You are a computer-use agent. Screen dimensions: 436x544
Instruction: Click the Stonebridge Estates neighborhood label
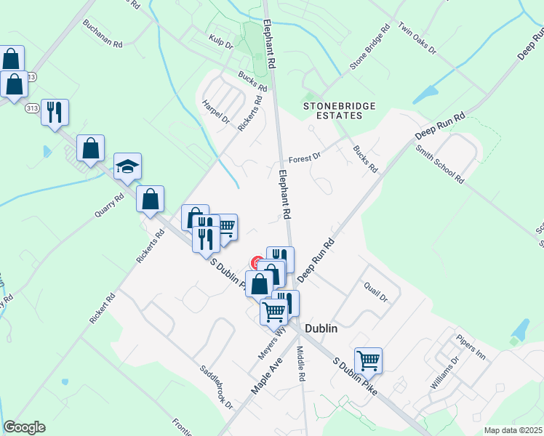coord(340,110)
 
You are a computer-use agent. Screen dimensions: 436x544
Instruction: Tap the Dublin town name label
coord(321,328)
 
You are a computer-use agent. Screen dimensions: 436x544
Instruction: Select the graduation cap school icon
coord(127,167)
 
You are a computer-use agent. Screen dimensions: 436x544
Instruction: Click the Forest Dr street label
coord(304,158)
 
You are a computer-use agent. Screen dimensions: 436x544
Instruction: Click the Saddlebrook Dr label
coord(217,385)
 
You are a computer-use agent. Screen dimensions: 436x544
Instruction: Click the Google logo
coord(24,427)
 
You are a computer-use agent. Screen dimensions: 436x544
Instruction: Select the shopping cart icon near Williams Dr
coord(369,360)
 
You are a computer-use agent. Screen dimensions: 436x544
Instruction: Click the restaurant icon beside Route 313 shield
coord(55,112)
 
